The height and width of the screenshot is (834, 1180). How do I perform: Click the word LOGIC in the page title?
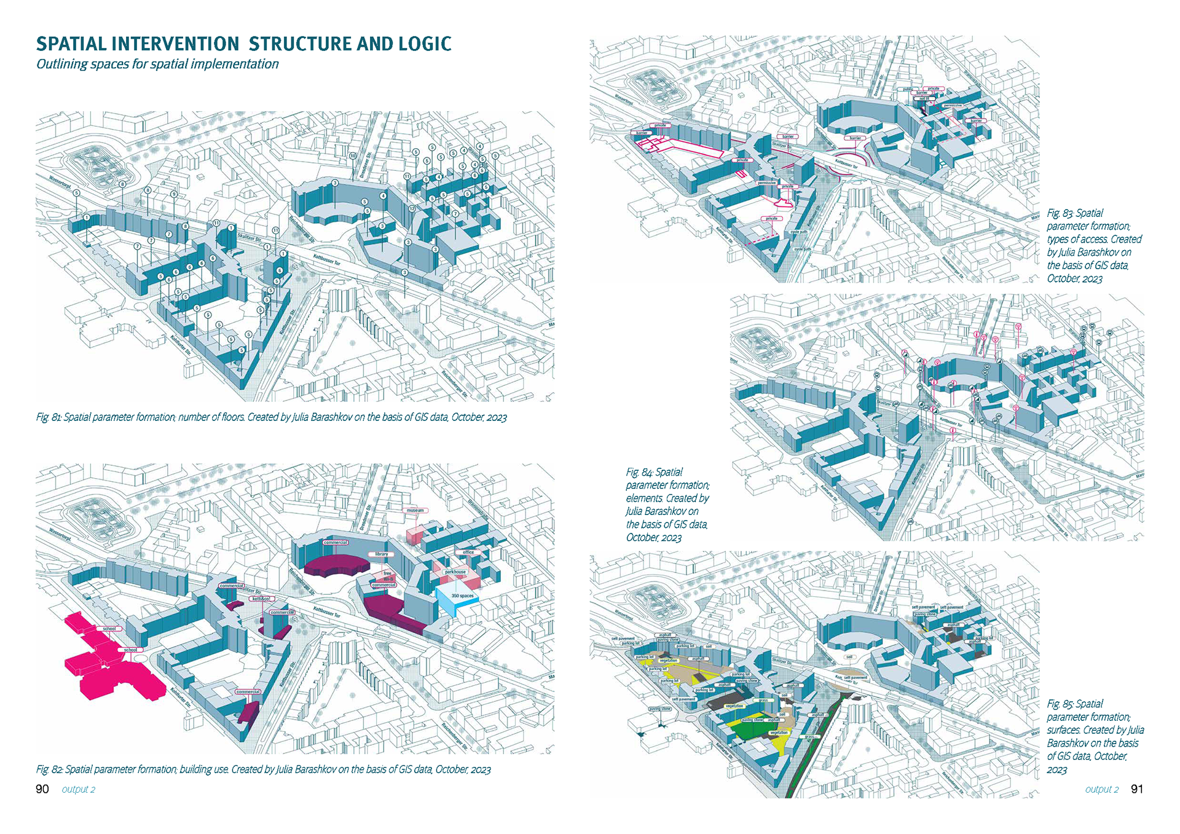(425, 44)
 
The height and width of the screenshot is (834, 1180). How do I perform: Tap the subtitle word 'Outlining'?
(61, 64)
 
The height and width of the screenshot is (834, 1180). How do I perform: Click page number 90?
(42, 789)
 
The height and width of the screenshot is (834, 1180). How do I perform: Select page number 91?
(1137, 789)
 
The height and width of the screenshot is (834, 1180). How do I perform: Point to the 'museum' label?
(415, 511)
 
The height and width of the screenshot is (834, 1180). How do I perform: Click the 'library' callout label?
(382, 554)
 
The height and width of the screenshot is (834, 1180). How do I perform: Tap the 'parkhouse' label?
(455, 572)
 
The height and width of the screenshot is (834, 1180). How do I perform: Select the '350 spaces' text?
(462, 596)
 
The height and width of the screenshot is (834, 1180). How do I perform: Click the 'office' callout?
(468, 553)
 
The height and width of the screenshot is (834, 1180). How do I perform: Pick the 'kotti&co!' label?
(261, 599)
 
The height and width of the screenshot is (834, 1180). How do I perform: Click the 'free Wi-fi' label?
(388, 576)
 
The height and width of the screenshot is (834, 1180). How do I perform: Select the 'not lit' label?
(924, 98)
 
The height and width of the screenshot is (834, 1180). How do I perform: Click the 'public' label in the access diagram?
(908, 90)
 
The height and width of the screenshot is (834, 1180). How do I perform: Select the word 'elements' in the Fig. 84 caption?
(644, 498)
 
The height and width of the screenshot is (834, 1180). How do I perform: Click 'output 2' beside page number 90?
(79, 790)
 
